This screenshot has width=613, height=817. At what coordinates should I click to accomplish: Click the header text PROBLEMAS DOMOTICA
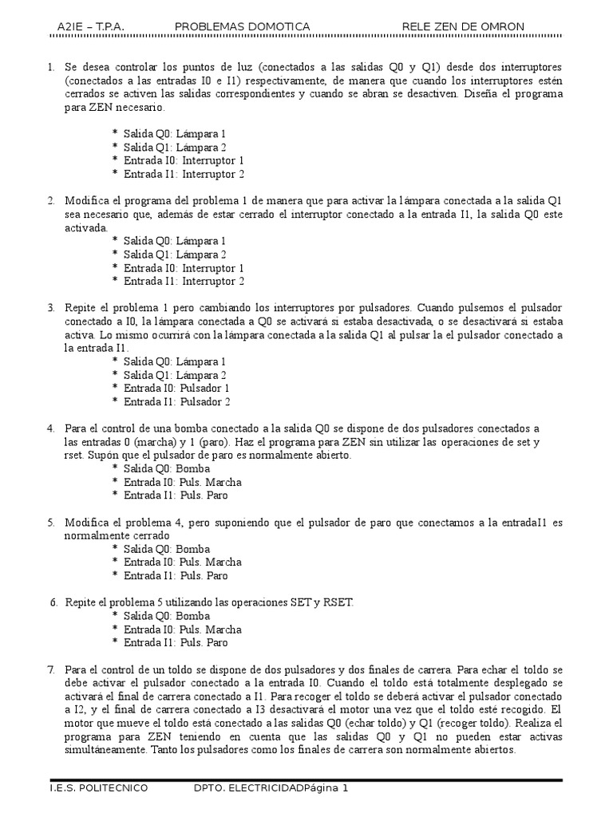click(x=242, y=26)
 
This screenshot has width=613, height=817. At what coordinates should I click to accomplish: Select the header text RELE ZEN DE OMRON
click(x=464, y=26)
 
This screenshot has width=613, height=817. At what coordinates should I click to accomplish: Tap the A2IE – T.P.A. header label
click(x=91, y=26)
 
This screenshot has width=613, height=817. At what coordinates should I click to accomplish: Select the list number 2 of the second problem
click(x=51, y=199)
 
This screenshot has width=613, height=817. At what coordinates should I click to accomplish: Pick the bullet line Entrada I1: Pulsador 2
click(x=176, y=401)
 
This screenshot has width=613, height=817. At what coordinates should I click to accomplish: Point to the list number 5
click(x=51, y=522)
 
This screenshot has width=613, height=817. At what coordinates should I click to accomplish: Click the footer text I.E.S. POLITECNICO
click(x=99, y=789)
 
